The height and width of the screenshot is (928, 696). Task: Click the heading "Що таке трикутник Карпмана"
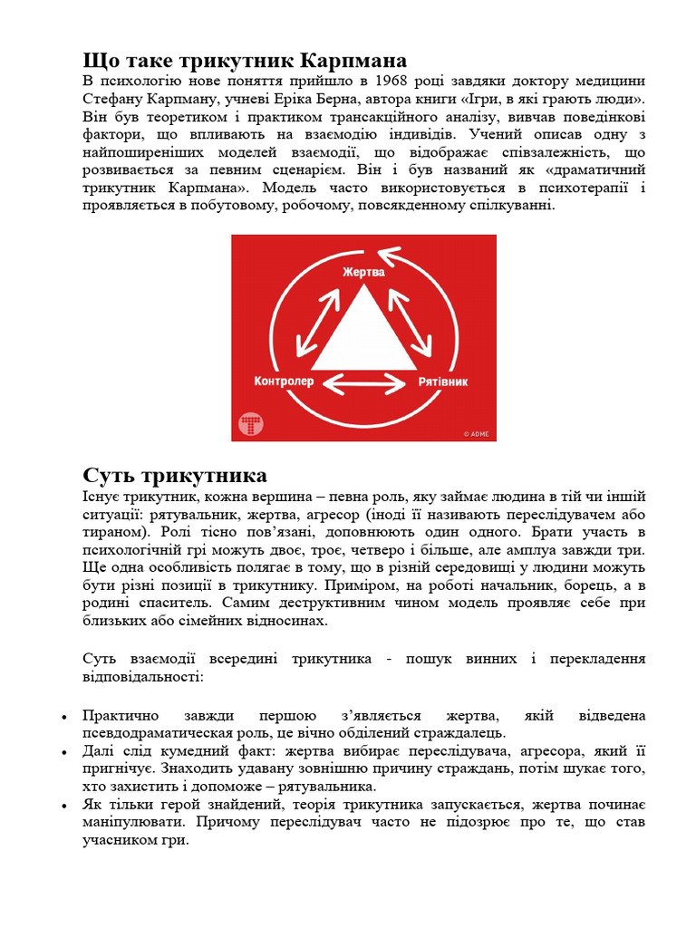click(245, 62)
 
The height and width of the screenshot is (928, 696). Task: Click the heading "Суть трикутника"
click(175, 476)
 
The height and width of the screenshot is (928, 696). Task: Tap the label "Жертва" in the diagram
click(363, 271)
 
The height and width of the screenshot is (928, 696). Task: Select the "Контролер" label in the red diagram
click(284, 382)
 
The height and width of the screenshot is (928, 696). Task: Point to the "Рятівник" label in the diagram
click(443, 382)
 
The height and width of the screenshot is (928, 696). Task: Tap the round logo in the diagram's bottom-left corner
click(250, 423)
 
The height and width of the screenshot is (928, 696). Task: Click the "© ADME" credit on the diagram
click(476, 434)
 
